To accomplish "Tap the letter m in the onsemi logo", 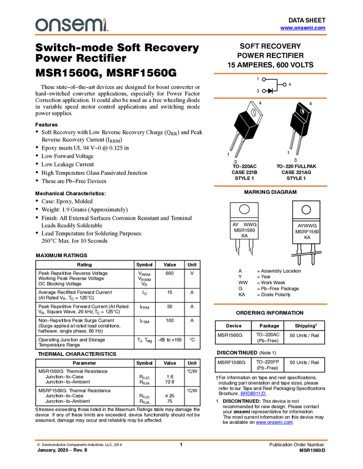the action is click(92, 25).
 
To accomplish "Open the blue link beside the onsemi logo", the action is click(303, 28).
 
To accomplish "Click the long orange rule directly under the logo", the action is click(181, 35).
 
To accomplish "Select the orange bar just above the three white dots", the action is click(270, 73).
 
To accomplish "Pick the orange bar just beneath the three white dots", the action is click(270, 98).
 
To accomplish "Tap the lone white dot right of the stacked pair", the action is click(285, 84).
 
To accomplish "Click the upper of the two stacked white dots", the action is click(264, 79).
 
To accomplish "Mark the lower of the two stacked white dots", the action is click(264, 90).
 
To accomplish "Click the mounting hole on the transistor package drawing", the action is click(302, 111).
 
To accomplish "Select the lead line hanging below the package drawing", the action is click(302, 130).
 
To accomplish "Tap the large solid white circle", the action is click(244, 209).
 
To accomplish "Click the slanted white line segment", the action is click(307, 254).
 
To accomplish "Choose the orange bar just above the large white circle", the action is click(270, 186).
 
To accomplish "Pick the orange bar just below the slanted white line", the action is click(270, 304).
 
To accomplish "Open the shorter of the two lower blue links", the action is click(254, 393).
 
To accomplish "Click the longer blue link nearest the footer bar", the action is click(275, 423).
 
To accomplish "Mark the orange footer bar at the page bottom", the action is click(181, 440).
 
